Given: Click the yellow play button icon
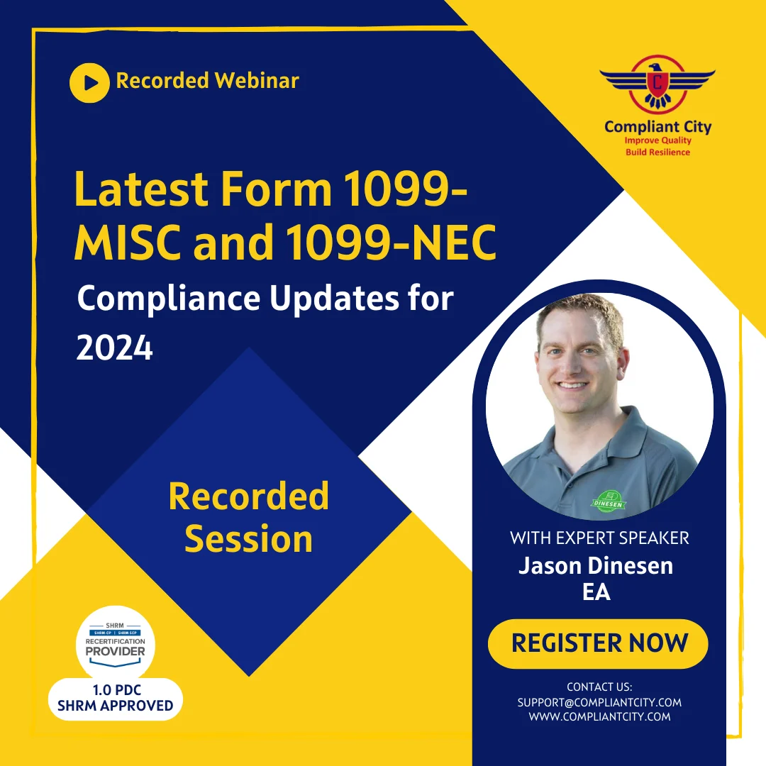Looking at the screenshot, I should [x=89, y=82].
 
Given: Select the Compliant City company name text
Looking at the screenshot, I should [x=657, y=128].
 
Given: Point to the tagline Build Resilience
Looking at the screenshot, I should [x=657, y=152].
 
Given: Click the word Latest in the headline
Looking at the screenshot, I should [x=141, y=190].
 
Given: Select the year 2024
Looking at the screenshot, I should [x=114, y=348].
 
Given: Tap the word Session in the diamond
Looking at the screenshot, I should [x=248, y=538].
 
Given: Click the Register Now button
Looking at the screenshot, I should [x=599, y=643].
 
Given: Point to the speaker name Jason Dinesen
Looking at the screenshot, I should [x=596, y=565].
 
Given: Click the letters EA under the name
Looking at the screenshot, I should [x=596, y=591].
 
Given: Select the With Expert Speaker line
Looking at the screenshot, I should [x=599, y=538].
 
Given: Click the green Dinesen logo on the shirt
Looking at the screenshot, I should [x=612, y=500].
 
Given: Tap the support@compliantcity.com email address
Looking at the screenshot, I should [x=599, y=702].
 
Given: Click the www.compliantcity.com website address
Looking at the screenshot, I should [x=599, y=716].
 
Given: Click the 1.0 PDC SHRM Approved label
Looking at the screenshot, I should [x=116, y=699].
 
